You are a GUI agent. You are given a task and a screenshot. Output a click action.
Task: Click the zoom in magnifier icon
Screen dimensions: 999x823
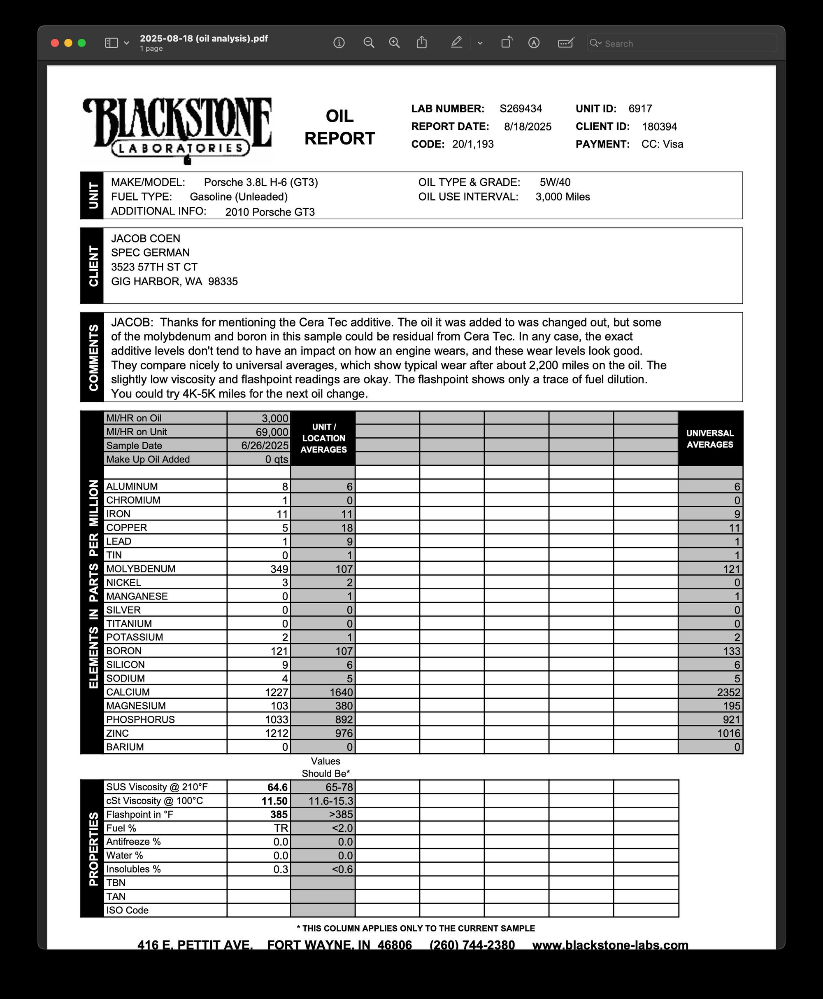tap(394, 43)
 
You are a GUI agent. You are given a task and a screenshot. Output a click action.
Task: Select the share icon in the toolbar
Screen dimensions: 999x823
tap(421, 43)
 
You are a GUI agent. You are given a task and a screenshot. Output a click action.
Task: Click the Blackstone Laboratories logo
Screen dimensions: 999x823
tap(177, 129)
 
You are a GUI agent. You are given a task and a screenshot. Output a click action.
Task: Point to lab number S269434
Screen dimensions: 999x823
tap(521, 109)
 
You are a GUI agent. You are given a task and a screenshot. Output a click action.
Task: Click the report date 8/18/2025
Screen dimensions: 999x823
tap(528, 127)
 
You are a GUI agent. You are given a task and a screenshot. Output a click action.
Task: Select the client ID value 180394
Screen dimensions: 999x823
tap(659, 127)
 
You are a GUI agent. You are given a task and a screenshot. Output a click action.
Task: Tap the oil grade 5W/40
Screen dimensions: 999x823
tap(555, 182)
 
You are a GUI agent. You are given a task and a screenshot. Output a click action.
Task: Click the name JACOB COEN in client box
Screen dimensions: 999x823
tap(146, 238)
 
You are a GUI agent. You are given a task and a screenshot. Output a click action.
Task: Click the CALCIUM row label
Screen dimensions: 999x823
tap(128, 692)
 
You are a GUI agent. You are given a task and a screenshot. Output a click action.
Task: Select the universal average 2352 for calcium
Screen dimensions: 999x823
tap(728, 692)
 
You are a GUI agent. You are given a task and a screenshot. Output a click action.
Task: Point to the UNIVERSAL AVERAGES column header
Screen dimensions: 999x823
tap(710, 439)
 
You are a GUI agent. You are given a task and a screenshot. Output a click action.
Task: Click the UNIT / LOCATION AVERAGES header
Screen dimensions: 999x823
tap(323, 438)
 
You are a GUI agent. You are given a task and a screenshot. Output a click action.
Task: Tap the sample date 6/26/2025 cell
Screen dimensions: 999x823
tap(265, 446)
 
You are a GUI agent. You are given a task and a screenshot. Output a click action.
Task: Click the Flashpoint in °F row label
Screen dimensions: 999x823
tap(139, 815)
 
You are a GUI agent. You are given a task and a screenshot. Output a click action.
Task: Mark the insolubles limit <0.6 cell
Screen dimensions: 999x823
tap(342, 869)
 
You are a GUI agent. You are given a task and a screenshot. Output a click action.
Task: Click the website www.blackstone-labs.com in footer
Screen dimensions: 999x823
tap(610, 945)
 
